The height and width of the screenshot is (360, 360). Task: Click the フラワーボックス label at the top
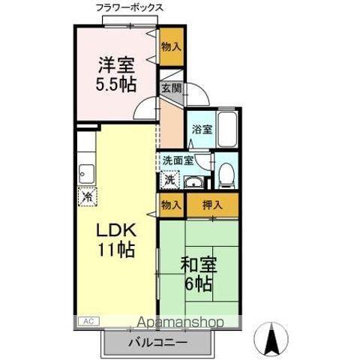pyautogui.click(x=130, y=8)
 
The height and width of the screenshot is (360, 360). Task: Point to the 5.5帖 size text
pyautogui.click(x=116, y=83)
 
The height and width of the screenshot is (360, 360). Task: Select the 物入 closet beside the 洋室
pyautogui.click(x=171, y=46)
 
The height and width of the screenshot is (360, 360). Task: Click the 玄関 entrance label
pyautogui.click(x=171, y=88)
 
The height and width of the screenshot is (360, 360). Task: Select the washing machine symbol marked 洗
pyautogui.click(x=170, y=180)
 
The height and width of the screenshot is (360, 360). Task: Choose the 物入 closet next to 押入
pyautogui.click(x=171, y=204)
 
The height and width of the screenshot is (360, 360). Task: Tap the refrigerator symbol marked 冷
pyautogui.click(x=87, y=198)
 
